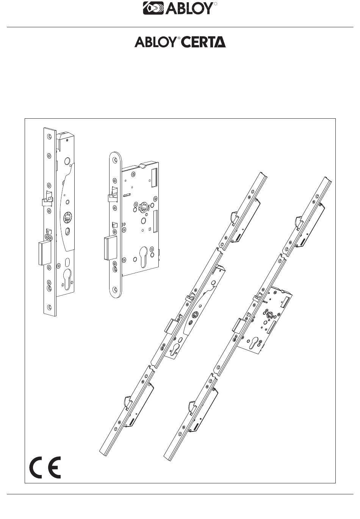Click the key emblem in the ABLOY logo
coord(153,8)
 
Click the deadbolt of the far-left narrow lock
coord(45,252)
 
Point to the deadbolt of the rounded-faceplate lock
coord(110,248)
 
